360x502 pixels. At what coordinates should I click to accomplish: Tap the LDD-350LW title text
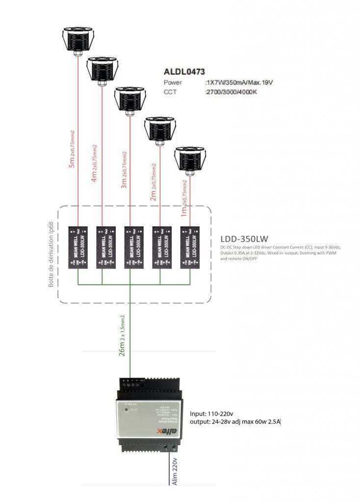(x=244, y=239)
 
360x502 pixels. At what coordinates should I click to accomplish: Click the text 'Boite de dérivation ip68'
(x=51, y=255)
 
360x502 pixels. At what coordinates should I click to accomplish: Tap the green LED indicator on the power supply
(x=127, y=409)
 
